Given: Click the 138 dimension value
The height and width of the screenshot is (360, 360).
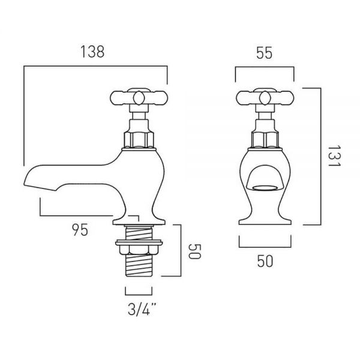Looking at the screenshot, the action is pyautogui.click(x=92, y=52).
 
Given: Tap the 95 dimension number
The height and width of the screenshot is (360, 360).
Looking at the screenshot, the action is pyautogui.click(x=80, y=230).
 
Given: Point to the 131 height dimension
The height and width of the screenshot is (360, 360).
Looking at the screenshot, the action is pyautogui.click(x=335, y=156).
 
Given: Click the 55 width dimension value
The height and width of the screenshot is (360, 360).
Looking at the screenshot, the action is pyautogui.click(x=264, y=53).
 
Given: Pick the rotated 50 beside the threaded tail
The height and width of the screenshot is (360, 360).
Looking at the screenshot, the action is pyautogui.click(x=194, y=251).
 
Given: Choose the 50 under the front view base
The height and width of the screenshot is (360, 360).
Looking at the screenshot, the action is pyautogui.click(x=265, y=261).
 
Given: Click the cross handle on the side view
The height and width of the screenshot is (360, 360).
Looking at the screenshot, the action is pyautogui.click(x=139, y=98).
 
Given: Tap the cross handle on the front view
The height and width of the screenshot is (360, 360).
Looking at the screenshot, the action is pyautogui.click(x=265, y=98).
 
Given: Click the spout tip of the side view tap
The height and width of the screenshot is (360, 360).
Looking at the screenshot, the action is pyautogui.click(x=25, y=182).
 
